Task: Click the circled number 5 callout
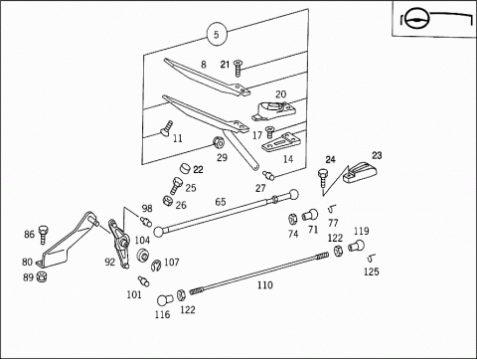coord(217,34)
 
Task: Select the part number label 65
coord(221,202)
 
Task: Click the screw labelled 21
coord(238,68)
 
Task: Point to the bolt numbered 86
coord(43,235)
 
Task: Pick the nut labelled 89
coord(42,276)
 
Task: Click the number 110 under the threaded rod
coord(265,285)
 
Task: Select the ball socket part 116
coord(165,300)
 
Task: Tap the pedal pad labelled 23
coord(361,172)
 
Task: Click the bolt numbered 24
coord(322,179)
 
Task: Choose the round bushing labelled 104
coord(143,256)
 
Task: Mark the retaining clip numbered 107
coord(156,265)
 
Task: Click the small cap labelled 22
coord(186,168)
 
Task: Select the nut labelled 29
coord(219,142)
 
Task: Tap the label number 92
coord(110,263)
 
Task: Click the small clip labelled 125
coord(371,257)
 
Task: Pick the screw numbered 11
coord(166,128)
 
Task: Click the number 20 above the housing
coord(280,94)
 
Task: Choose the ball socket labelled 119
coord(357,246)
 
